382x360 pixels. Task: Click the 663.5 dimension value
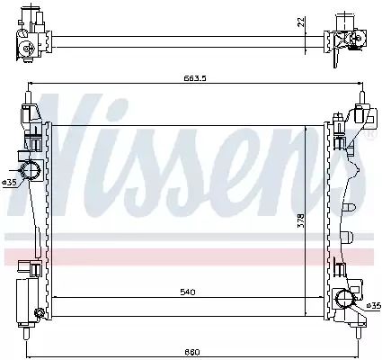195,78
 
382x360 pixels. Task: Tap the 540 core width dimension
188,292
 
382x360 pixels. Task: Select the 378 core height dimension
301,220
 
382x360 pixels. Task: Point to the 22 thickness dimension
301,22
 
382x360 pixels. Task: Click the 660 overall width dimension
192,352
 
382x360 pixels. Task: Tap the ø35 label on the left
9,183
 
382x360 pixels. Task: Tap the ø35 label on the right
374,306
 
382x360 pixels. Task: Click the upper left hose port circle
30,170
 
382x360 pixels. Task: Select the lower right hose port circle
345,299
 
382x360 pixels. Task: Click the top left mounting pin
28,97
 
